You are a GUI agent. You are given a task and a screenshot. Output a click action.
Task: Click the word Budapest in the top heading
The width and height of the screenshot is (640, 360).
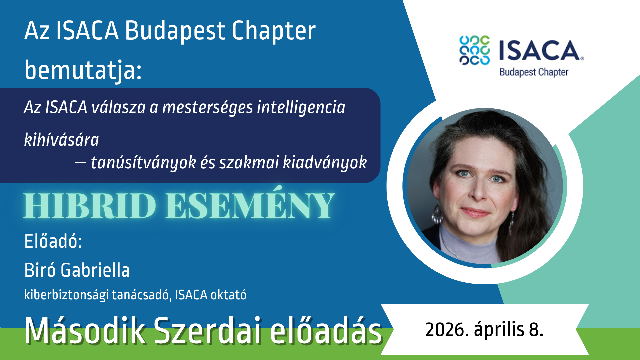[x=175, y=31]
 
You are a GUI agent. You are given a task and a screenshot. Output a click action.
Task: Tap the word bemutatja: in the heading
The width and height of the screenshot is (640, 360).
[x=83, y=71]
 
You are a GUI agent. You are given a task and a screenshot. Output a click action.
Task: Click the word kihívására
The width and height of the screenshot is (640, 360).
[x=62, y=139]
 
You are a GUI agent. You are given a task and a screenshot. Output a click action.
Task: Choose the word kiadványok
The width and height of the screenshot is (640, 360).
[x=325, y=163]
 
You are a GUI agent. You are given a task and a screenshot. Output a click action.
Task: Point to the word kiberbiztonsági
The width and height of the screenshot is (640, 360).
[x=67, y=295]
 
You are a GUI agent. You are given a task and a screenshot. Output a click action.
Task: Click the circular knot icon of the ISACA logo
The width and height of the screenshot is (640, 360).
[x=475, y=50]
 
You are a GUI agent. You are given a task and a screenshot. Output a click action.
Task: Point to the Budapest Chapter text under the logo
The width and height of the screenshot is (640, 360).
[x=534, y=72]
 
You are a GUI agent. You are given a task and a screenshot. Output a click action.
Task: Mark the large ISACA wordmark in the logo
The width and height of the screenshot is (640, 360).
[x=541, y=50]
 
